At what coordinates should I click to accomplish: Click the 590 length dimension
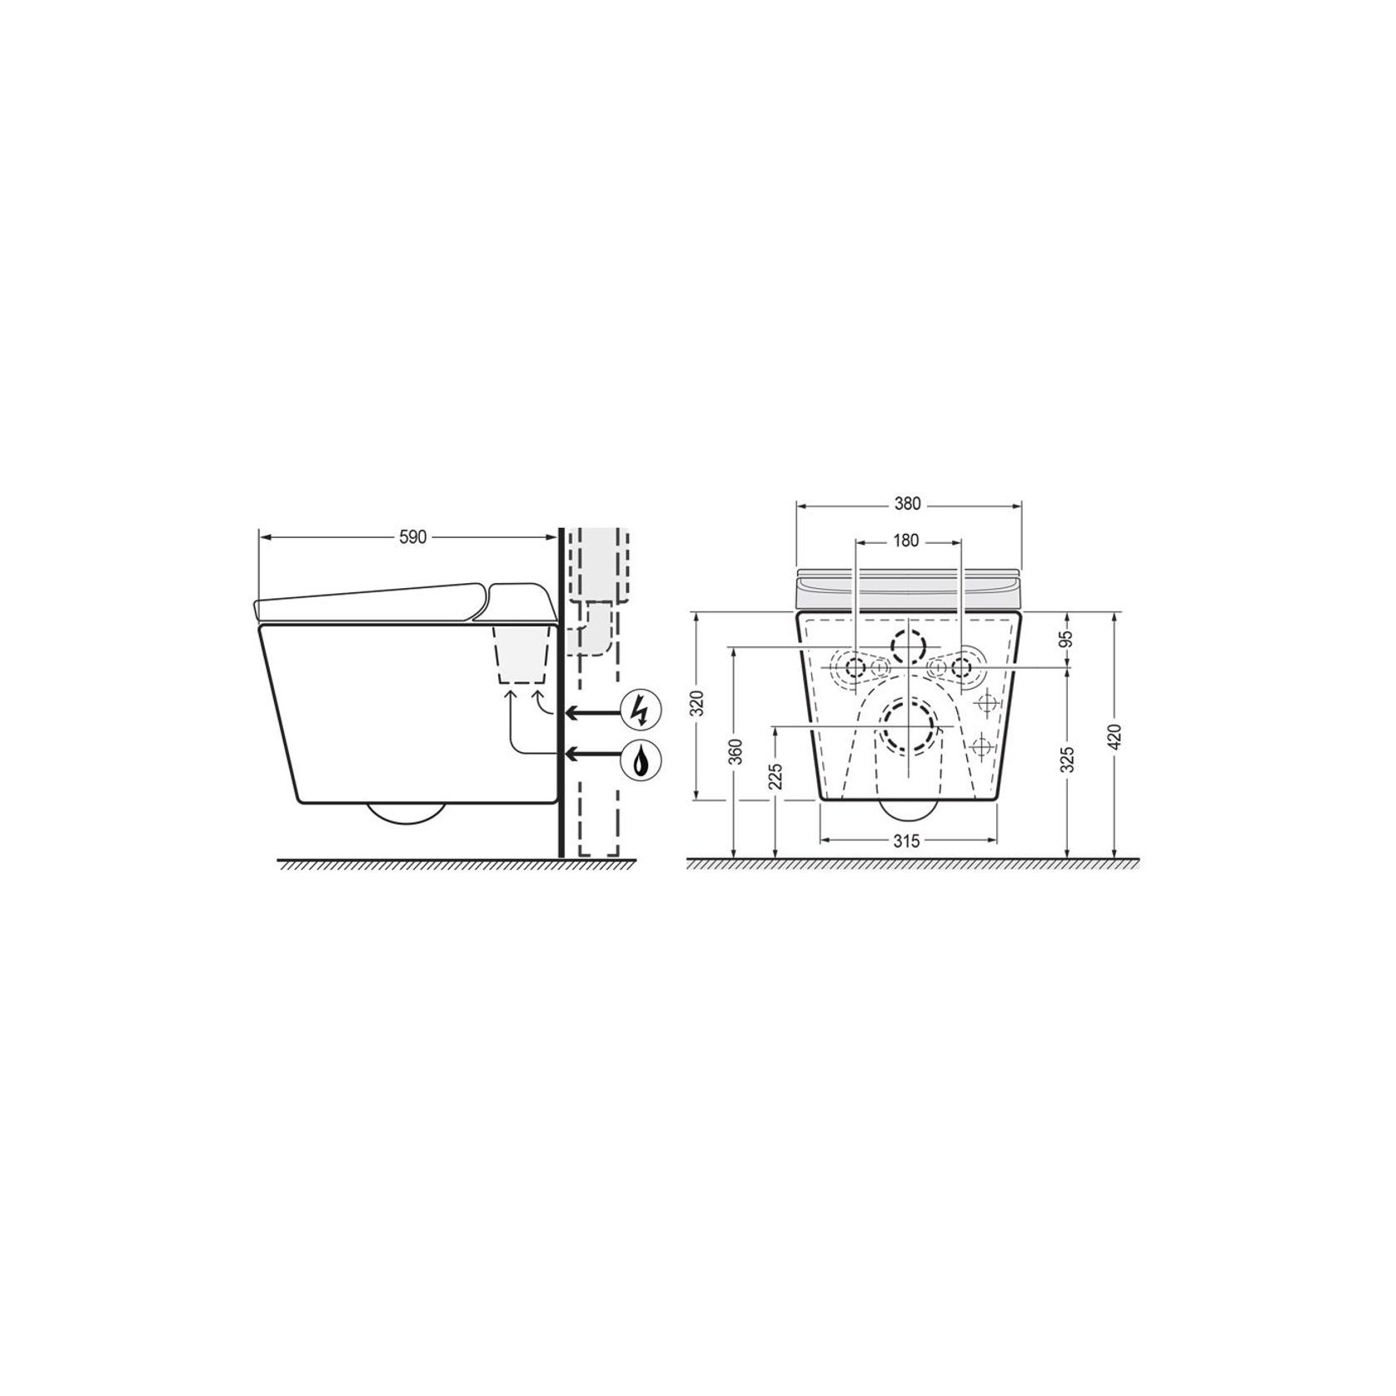coord(412,537)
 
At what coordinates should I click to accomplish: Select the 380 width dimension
coord(908,503)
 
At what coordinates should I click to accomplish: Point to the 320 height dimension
coord(699,704)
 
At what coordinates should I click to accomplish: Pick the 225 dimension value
coord(776,779)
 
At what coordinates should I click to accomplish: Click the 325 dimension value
coord(1069,760)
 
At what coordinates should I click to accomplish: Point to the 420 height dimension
coord(1116,737)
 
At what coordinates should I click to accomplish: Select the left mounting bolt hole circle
coord(855,667)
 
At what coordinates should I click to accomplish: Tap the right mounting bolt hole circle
coord(962,667)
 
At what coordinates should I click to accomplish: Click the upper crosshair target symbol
coord(986,704)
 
